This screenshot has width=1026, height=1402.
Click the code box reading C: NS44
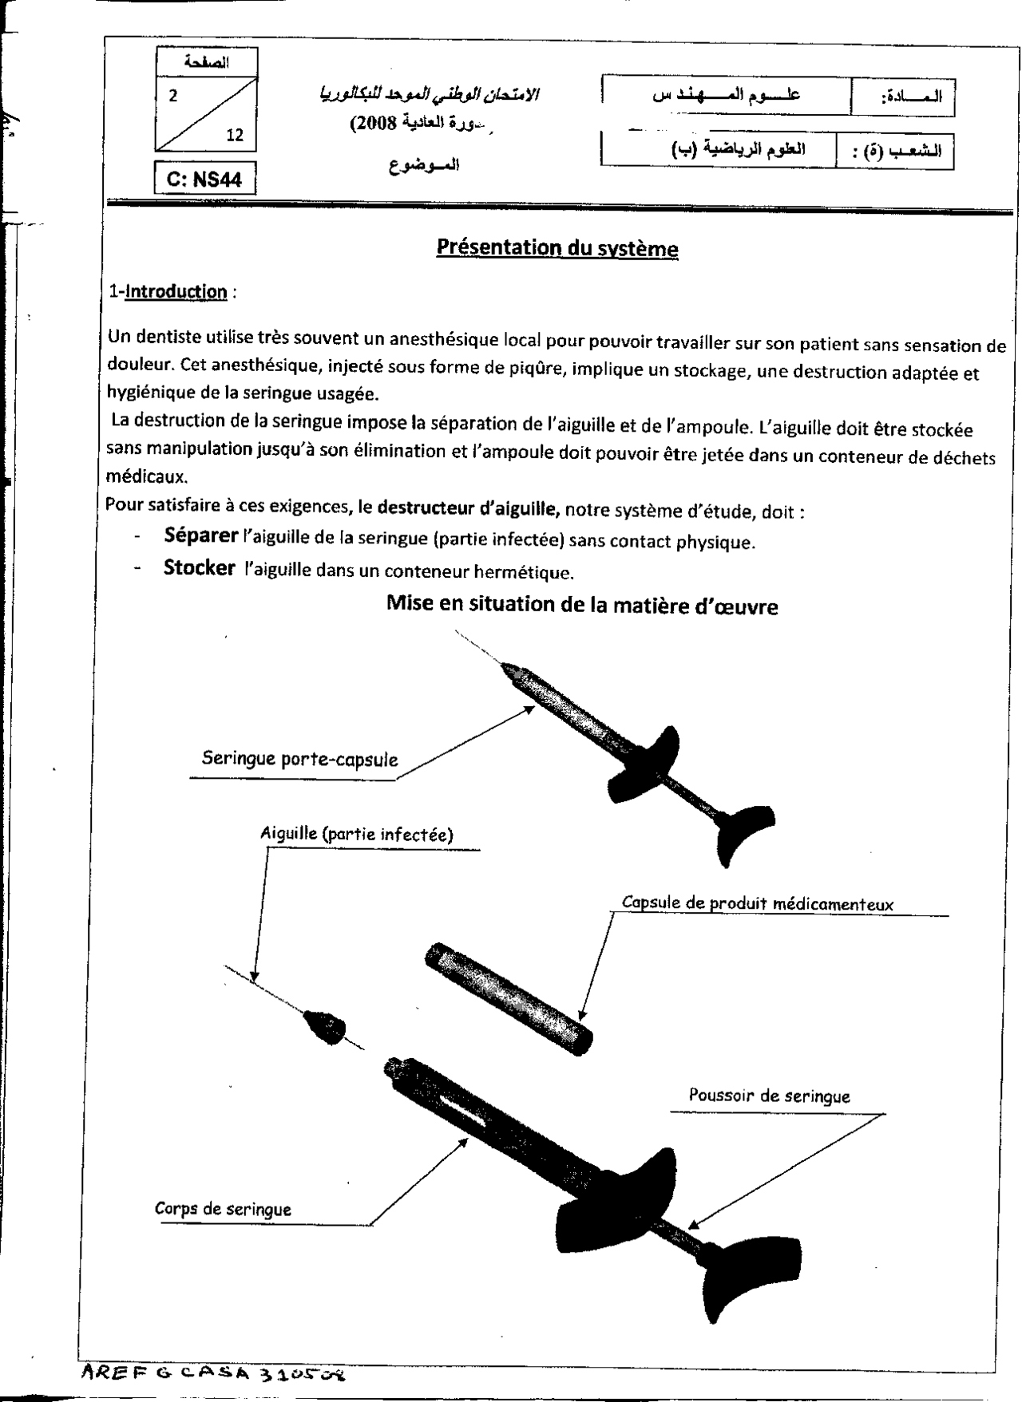(204, 179)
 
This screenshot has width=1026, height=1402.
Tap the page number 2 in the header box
(173, 96)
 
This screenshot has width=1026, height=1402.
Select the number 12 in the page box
(235, 134)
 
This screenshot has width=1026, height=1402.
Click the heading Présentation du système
(557, 248)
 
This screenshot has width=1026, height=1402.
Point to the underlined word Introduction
(176, 291)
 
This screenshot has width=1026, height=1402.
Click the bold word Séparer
(200, 535)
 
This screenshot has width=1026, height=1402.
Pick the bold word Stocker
(199, 568)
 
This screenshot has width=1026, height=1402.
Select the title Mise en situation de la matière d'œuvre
(582, 606)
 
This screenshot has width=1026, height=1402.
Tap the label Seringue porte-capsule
(299, 758)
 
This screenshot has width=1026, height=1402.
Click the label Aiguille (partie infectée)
(356, 835)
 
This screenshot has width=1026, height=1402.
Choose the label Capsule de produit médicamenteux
(757, 904)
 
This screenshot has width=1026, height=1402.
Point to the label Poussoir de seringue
(769, 1096)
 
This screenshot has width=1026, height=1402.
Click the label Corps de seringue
(223, 1209)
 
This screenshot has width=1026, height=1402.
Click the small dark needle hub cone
(323, 1025)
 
